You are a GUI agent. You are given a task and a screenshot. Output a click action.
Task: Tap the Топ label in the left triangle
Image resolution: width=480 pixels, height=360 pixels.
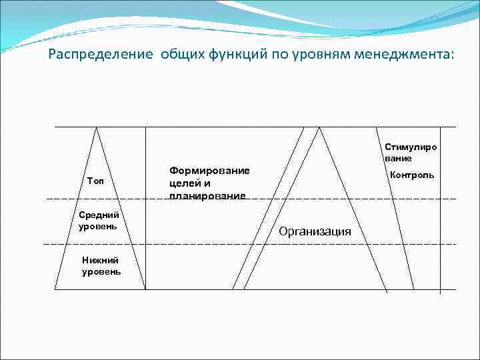[x=95, y=182]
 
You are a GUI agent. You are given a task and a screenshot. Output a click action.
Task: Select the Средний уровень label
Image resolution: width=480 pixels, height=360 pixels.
[x=99, y=221]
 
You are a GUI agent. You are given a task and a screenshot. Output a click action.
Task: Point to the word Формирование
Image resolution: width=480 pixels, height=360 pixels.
[x=209, y=171]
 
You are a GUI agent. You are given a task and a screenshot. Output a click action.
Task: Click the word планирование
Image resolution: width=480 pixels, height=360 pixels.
[x=207, y=195]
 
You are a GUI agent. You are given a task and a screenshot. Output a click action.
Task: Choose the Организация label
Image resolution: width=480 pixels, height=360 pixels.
[x=315, y=231]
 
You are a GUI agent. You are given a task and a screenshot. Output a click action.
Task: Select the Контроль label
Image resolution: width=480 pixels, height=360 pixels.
[x=411, y=175]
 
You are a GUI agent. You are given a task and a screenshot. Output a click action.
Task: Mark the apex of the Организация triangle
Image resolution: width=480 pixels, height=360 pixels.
[x=321, y=127]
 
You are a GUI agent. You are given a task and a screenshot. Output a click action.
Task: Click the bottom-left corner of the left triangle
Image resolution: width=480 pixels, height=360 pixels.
[x=55, y=289]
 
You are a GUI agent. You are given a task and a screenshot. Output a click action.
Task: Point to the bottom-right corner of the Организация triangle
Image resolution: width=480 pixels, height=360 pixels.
[x=387, y=291]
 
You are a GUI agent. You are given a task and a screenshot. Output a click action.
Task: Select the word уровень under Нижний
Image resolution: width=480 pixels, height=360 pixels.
[x=101, y=272]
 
